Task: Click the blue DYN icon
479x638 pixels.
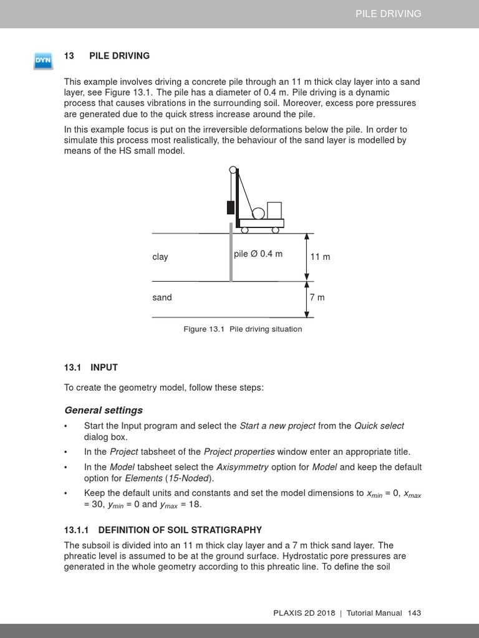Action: pos(43,61)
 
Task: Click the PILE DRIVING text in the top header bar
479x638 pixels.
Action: pos(388,14)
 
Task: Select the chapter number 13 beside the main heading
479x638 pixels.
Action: pos(69,56)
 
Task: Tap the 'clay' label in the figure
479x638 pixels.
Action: pos(160,257)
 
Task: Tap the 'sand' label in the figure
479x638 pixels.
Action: pos(162,297)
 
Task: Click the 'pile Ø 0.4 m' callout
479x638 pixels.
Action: pos(258,254)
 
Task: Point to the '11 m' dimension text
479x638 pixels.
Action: pos(320,257)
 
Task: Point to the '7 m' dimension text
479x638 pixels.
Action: pos(317,297)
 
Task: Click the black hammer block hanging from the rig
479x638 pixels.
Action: pos(231,207)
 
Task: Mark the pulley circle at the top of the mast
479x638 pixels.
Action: pos(233,169)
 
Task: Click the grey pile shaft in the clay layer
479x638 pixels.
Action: pos(231,255)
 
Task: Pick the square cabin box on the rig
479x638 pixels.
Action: pos(274,210)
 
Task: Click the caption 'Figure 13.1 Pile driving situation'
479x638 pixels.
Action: pos(242,329)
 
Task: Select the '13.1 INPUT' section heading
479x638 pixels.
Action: pos(91,368)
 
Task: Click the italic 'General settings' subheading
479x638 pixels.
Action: pos(104,410)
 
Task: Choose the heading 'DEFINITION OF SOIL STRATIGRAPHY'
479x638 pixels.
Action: pos(180,530)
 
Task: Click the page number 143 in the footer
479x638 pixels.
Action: pos(414,613)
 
